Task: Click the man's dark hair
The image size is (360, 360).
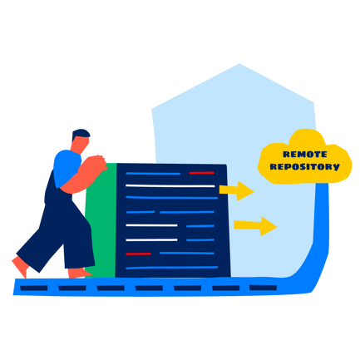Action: pyautogui.click(x=80, y=134)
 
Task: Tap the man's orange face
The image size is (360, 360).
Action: pyautogui.click(x=81, y=145)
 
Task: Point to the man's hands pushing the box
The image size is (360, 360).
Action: pyautogui.click(x=96, y=164)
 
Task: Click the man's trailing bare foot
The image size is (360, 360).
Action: pyautogui.click(x=21, y=266)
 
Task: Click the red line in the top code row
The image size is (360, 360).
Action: pyautogui.click(x=202, y=173)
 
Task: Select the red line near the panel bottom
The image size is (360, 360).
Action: pyautogui.click(x=138, y=254)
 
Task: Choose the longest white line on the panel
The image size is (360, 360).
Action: pyautogui.click(x=170, y=185)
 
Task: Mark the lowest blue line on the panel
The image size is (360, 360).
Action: pyautogui.click(x=172, y=268)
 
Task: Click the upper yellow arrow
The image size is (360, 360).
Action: pyautogui.click(x=236, y=190)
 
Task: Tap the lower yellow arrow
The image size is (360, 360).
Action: pyautogui.click(x=255, y=226)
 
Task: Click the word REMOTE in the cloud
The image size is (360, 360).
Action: pyautogui.click(x=305, y=154)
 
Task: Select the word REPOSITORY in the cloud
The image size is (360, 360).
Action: pyautogui.click(x=304, y=166)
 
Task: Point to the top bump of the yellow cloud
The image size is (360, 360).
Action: pyautogui.click(x=307, y=135)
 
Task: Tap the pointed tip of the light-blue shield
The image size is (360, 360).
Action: pyautogui.click(x=239, y=64)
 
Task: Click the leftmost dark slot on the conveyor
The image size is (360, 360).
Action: pyautogui.click(x=34, y=288)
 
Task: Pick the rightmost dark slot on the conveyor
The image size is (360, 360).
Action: pyautogui.click(x=263, y=288)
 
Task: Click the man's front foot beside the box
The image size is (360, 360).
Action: pyautogui.click(x=79, y=274)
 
